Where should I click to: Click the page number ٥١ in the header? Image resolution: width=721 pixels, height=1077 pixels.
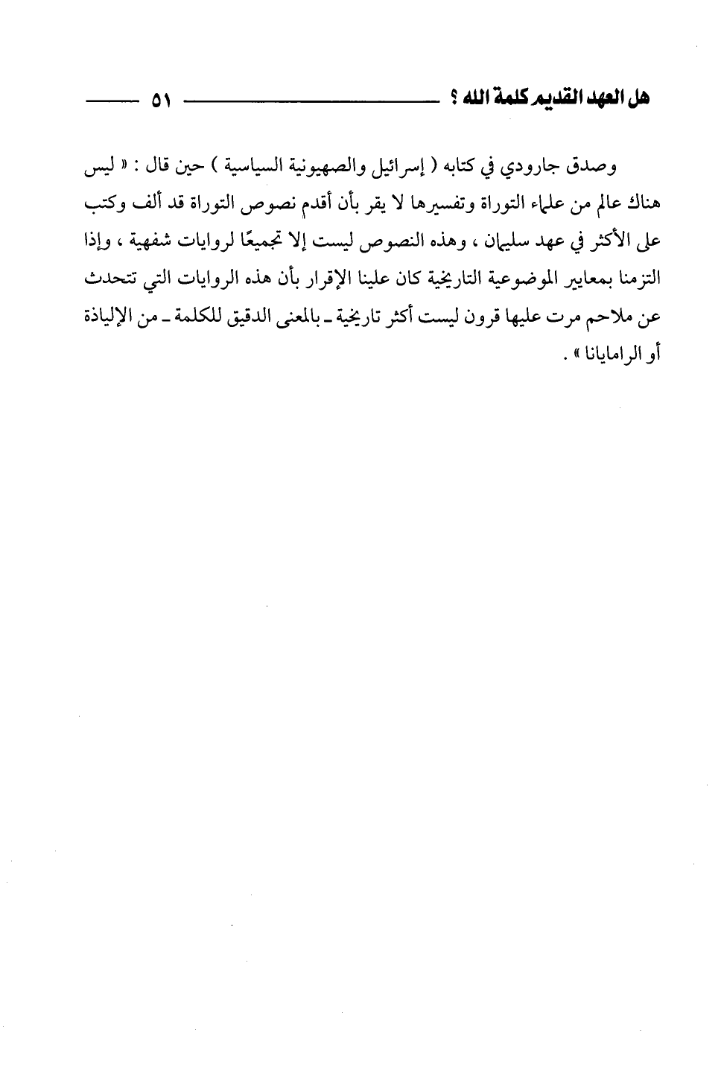coord(159,101)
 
